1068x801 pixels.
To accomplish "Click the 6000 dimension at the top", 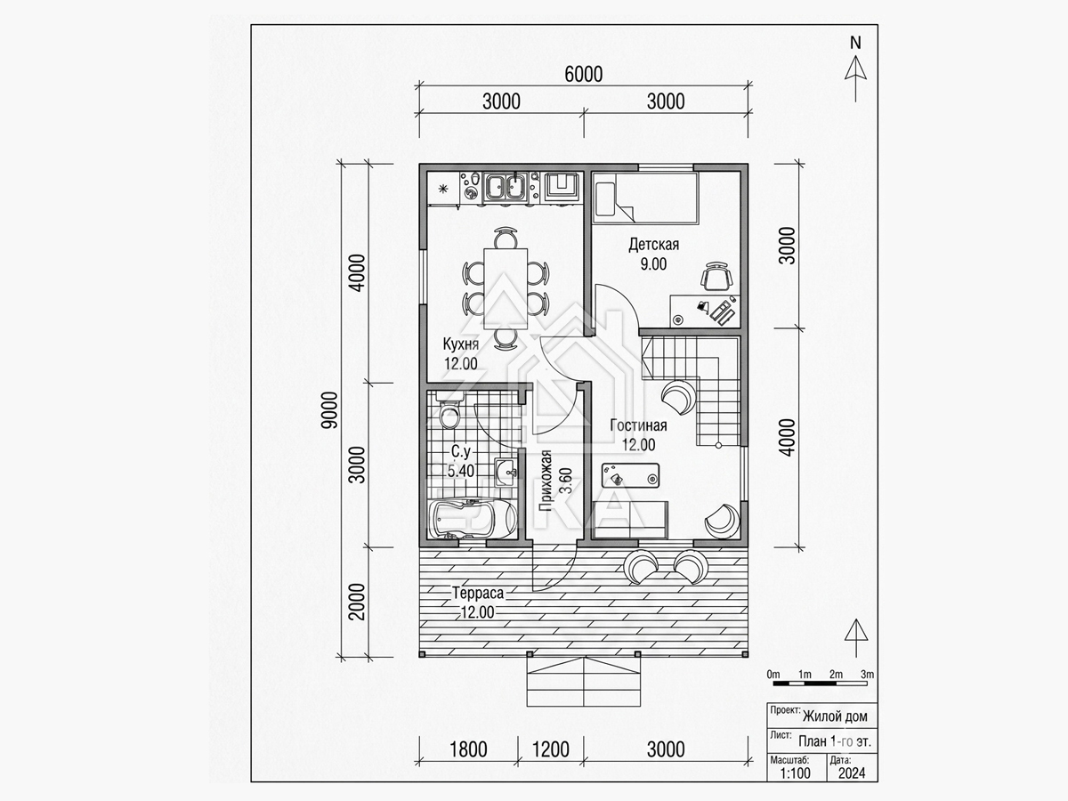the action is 583,75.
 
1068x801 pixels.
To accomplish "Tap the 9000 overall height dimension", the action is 330,410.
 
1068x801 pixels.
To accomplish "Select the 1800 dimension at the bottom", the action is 468,749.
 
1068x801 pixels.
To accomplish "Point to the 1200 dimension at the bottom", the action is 550,749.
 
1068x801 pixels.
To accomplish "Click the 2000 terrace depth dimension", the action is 358,602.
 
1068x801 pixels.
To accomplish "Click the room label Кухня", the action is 461,344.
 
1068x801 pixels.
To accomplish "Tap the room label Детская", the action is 653,244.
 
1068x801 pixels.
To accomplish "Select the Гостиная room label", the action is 638,425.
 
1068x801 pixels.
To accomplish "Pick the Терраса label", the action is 478,594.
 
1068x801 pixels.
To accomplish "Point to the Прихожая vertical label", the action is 546,481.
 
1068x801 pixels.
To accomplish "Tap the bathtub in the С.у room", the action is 472,519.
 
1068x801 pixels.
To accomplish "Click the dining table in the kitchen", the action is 506,288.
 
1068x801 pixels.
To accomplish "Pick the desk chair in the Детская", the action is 716,276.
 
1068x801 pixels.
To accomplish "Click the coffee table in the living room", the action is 631,475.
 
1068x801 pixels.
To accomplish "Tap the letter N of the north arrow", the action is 855,44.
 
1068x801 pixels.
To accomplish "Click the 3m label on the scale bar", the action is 867,674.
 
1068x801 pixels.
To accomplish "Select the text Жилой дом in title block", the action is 835,716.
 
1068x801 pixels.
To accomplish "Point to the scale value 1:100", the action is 796,773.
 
